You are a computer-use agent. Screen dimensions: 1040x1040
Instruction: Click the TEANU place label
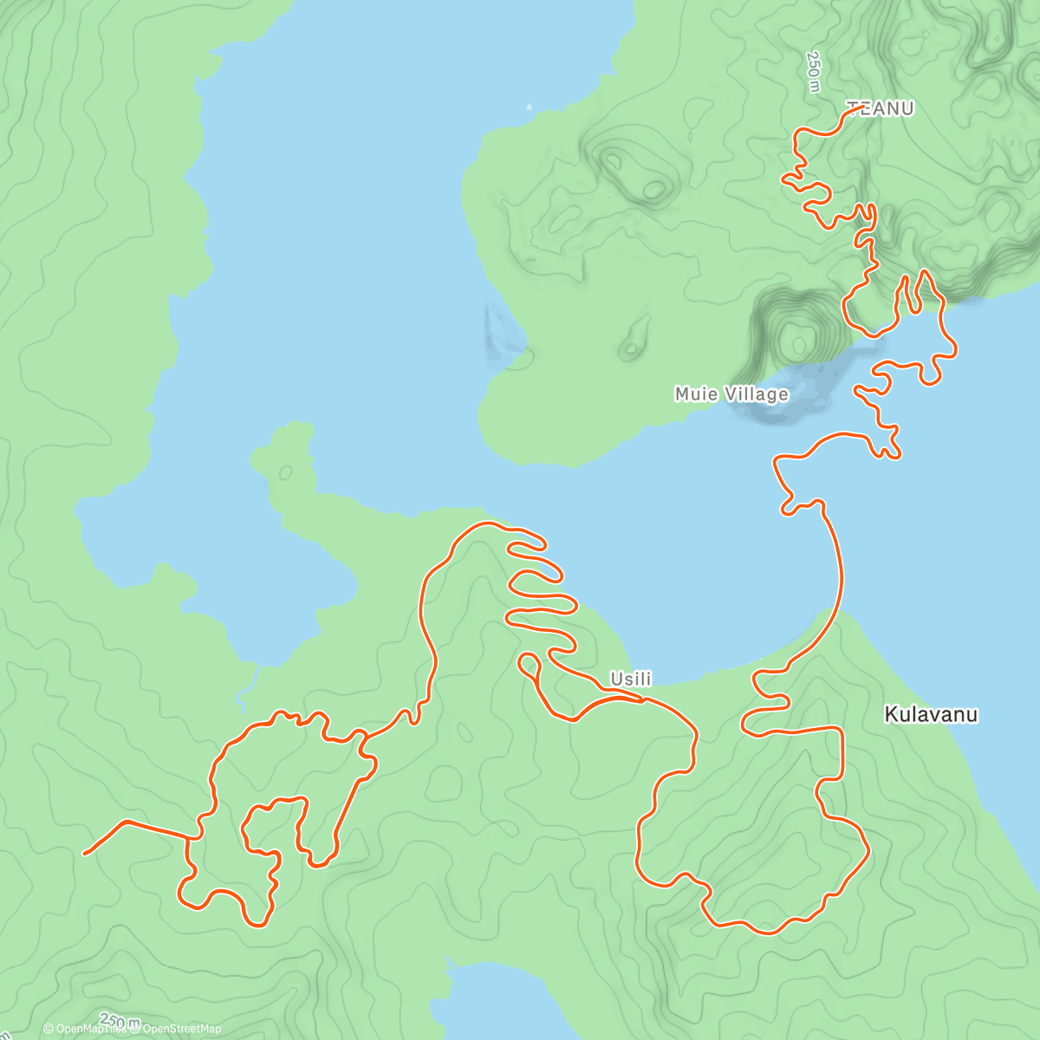[880, 108]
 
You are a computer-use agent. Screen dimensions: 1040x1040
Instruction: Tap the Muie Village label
[731, 394]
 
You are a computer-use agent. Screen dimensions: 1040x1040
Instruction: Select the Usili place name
[630, 679]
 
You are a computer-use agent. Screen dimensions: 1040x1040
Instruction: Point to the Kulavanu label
[931, 715]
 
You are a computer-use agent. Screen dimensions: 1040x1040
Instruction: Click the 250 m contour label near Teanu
[812, 72]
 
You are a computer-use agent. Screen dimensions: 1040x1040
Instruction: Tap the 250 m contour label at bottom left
[120, 1020]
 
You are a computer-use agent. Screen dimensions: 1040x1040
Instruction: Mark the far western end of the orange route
[85, 854]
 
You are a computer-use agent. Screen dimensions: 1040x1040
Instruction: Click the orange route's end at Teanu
[863, 107]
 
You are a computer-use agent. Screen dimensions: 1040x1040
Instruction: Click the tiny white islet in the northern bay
[529, 107]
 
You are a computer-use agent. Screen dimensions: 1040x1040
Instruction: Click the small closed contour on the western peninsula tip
[285, 472]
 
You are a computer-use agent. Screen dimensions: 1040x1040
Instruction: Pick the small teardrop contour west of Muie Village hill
[636, 337]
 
